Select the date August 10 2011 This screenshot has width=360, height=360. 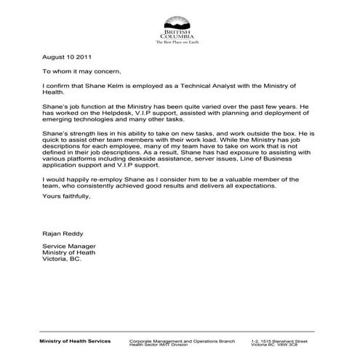[x=66, y=56]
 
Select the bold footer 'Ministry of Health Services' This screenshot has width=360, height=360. [x=76, y=340]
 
